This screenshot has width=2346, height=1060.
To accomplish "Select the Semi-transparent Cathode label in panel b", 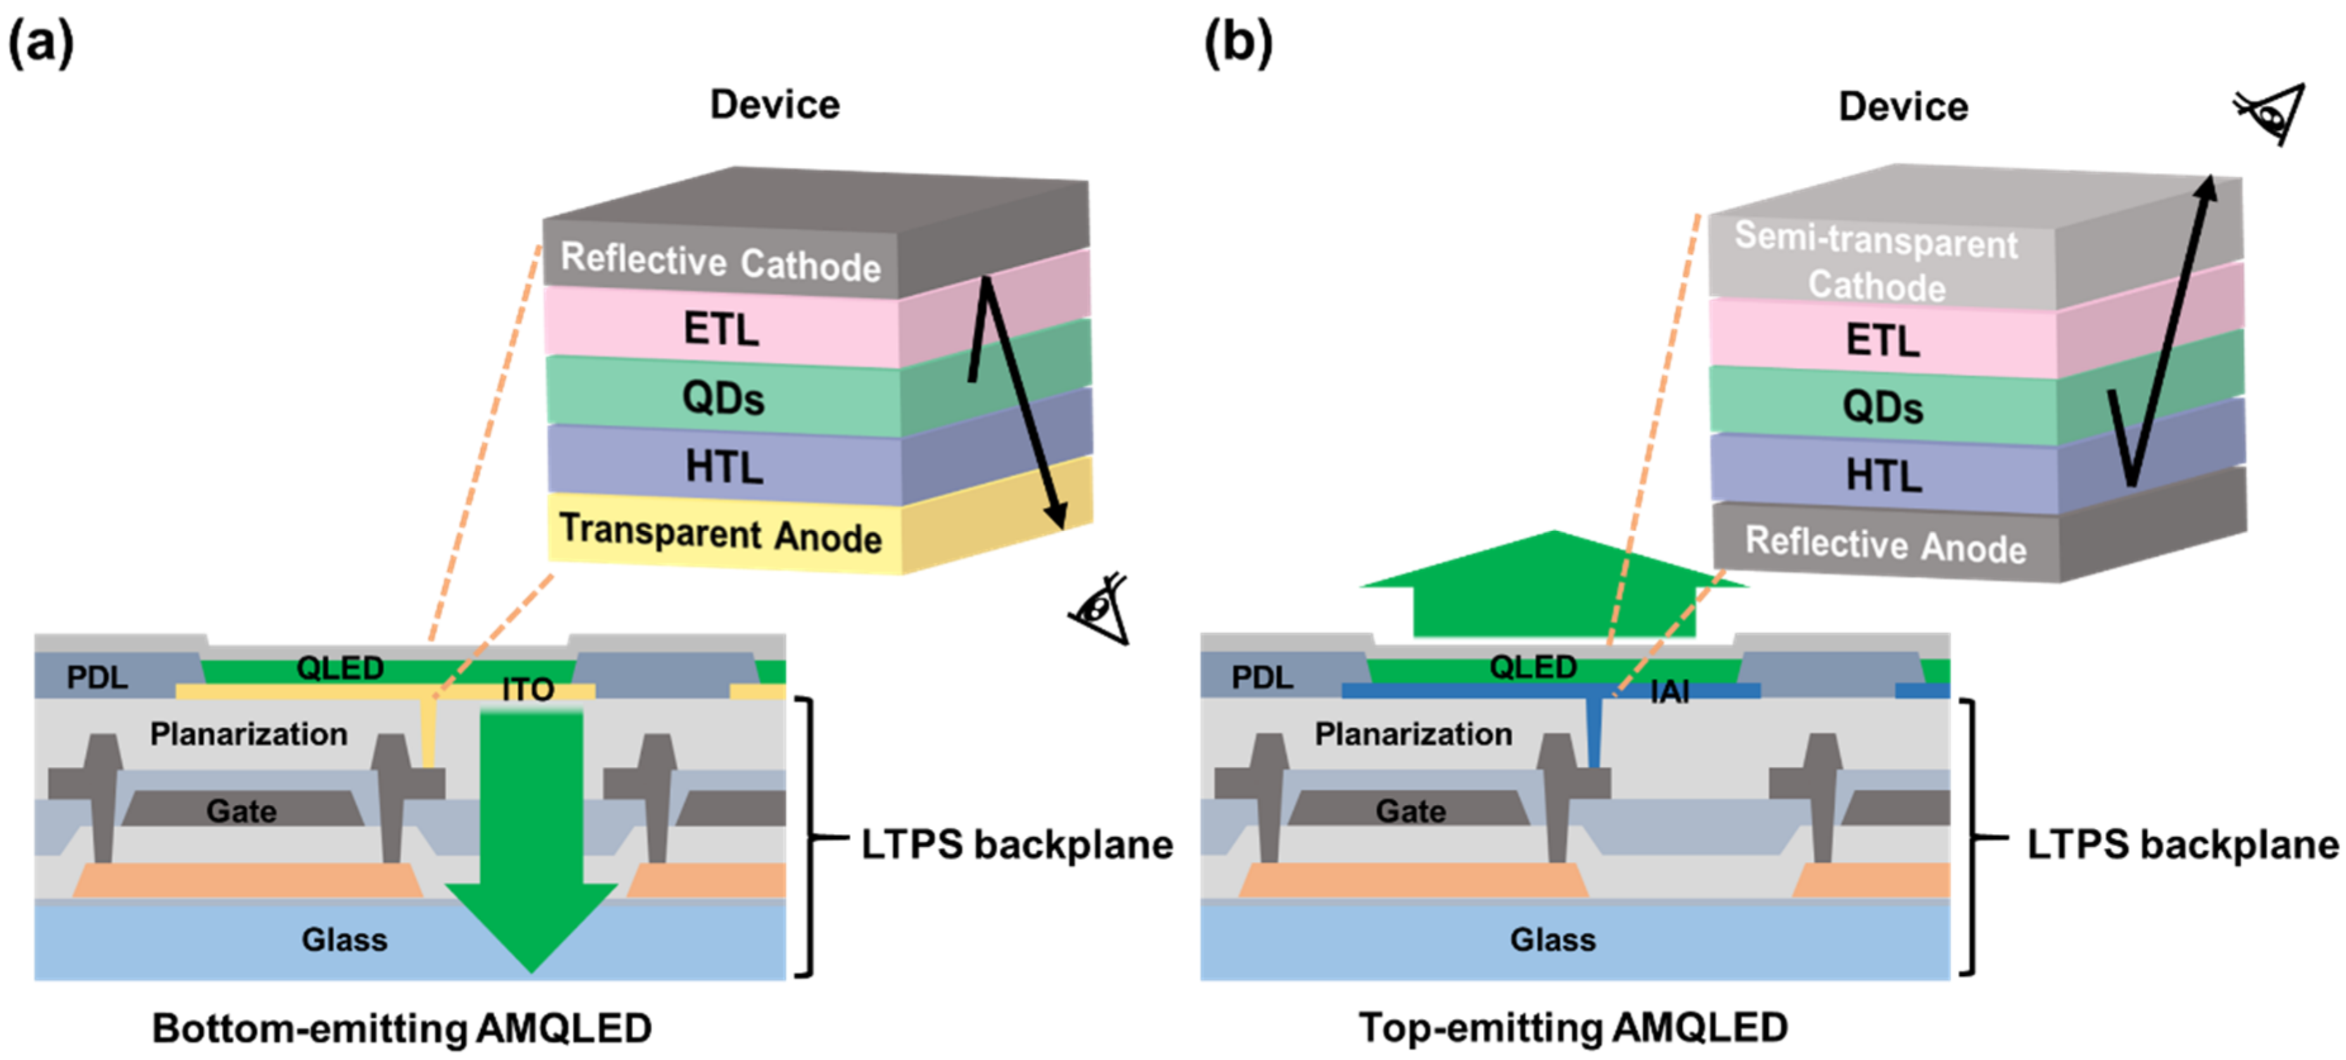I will point(1876,262).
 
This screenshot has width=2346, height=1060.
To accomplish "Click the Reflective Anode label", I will point(1885,545).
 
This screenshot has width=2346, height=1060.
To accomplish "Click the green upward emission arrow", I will point(1554,588).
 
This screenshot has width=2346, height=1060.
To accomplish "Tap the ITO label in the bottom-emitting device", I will point(527,690).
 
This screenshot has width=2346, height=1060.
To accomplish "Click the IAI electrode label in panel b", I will point(1668,692).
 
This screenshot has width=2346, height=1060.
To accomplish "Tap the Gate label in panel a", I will point(241,811).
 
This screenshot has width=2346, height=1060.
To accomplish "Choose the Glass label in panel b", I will point(1552,939).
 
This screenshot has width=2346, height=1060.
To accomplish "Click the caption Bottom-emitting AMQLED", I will point(401,1028).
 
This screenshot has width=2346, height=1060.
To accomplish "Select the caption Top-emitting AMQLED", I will point(1573,1028).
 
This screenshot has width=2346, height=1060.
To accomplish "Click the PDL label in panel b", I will point(1261,678).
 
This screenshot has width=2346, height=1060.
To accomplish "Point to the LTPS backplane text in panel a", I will point(1016,844).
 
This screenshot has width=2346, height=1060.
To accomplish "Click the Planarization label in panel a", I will point(249,734).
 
